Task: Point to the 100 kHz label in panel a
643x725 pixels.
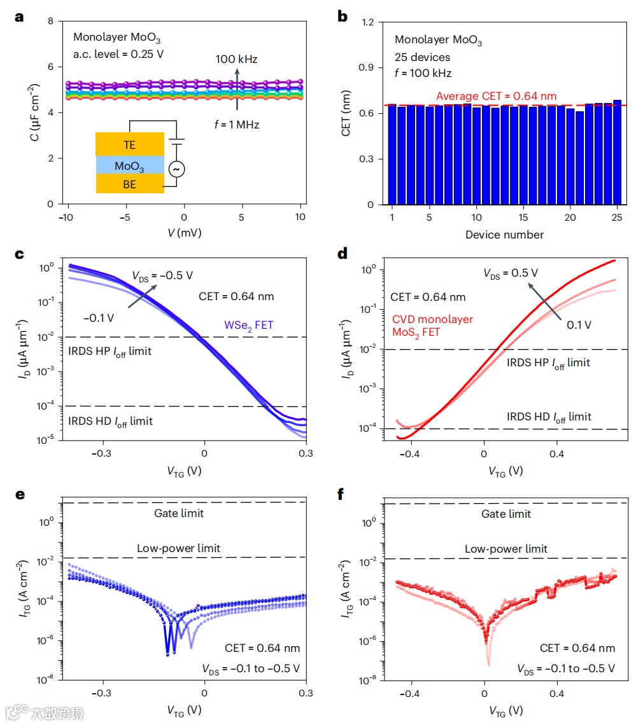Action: click(x=236, y=60)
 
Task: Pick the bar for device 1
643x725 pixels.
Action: click(x=392, y=155)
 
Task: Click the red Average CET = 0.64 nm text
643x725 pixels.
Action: click(x=496, y=96)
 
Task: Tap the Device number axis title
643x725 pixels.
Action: click(x=504, y=235)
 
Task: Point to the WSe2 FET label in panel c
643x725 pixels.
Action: click(x=248, y=325)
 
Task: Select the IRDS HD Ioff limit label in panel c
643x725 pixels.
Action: click(x=110, y=421)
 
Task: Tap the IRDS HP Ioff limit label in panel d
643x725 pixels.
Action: click(x=548, y=363)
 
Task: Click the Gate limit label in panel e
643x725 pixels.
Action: click(x=179, y=513)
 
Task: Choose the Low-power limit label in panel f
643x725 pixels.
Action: click(x=506, y=549)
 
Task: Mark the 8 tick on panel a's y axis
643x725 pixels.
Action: click(x=50, y=22)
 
